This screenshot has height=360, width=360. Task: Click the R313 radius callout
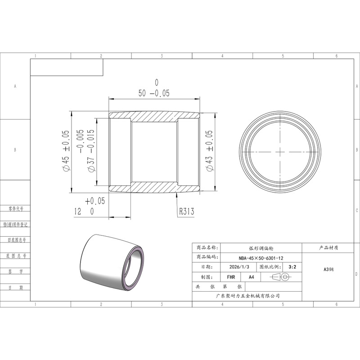click(x=186, y=211)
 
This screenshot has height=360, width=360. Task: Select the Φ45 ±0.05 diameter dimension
click(x=66, y=151)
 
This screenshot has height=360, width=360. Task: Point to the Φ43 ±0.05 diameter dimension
click(x=210, y=151)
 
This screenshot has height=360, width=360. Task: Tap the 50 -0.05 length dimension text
click(x=154, y=93)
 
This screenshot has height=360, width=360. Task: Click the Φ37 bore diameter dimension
click(x=87, y=151)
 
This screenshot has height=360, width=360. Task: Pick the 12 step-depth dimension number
click(x=78, y=211)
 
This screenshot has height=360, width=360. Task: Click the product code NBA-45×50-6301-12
click(x=261, y=258)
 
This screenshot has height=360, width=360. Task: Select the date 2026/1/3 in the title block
click(x=239, y=267)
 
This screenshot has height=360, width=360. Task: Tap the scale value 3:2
click(x=292, y=267)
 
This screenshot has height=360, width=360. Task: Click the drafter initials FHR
click(x=231, y=277)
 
